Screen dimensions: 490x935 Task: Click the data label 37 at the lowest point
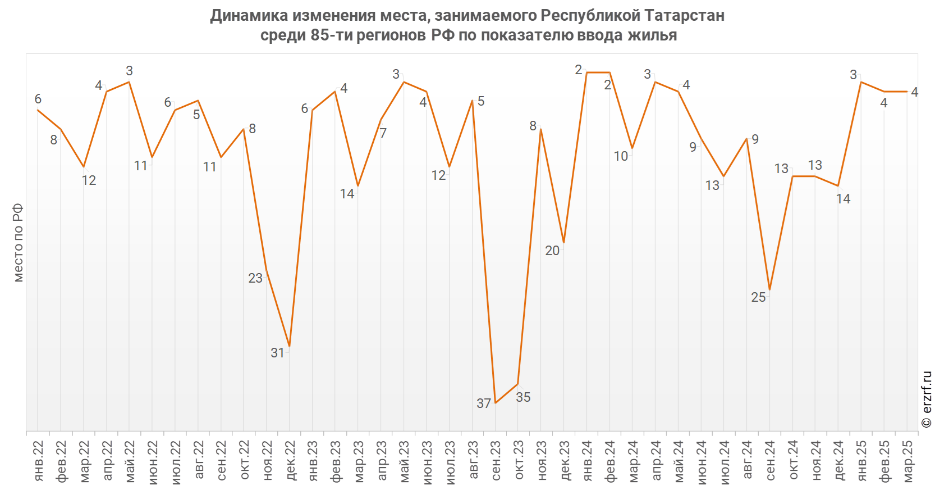(x=483, y=403)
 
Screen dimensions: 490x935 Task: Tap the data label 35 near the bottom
(x=523, y=397)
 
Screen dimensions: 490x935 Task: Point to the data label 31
(x=278, y=353)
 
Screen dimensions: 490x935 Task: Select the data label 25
(x=758, y=297)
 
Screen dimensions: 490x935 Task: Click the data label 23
(x=255, y=278)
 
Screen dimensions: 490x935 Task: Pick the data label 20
(x=552, y=251)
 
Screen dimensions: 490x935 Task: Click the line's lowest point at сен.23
(x=495, y=403)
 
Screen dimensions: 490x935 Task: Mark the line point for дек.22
(x=289, y=346)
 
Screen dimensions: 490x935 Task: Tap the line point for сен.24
(x=769, y=290)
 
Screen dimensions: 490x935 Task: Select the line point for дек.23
(x=563, y=242)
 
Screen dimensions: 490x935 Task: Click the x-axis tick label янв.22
(x=38, y=461)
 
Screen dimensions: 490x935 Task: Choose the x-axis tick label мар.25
(x=907, y=461)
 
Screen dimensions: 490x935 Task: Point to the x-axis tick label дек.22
(x=290, y=461)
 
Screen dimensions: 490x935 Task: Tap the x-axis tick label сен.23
(x=496, y=461)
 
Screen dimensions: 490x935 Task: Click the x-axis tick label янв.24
(x=587, y=461)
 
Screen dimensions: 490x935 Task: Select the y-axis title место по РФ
(x=18, y=242)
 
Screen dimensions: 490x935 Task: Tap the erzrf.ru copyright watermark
(x=927, y=399)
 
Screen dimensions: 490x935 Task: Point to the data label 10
(x=621, y=156)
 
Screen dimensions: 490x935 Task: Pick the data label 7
(x=383, y=133)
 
